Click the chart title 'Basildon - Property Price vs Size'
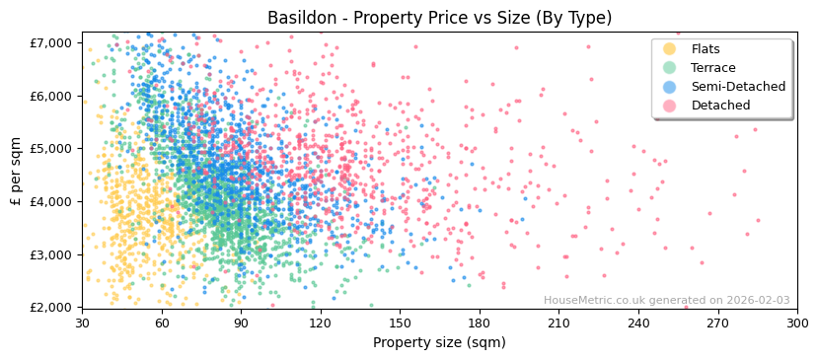coord(439,18)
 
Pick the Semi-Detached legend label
coord(738,87)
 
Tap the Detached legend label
coord(720,106)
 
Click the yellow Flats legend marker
coord(670,49)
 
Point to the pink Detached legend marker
coord(670,106)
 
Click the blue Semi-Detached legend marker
coord(670,87)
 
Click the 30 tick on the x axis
coord(83,323)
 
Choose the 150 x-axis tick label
coord(400,323)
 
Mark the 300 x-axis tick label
coord(796,323)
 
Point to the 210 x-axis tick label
coord(558,323)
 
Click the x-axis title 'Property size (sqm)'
coord(439,342)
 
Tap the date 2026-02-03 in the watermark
coord(757,301)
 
